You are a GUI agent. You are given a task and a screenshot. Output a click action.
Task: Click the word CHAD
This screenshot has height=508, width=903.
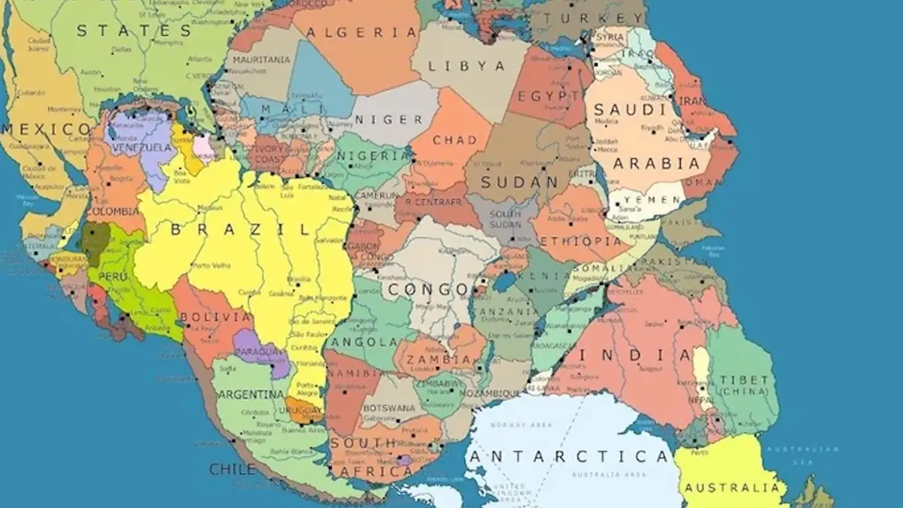(x=455, y=140)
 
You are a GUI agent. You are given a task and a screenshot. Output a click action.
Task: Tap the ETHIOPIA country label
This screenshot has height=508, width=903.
(x=581, y=241)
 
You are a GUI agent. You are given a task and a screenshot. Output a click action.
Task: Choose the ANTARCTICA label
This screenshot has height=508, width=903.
(x=568, y=456)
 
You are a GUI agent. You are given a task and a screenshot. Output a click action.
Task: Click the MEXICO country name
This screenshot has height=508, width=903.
(x=45, y=129)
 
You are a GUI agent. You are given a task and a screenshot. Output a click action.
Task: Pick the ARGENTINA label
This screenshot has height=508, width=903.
(x=252, y=395)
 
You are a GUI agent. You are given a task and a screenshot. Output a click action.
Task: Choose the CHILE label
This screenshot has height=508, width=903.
(x=233, y=469)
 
